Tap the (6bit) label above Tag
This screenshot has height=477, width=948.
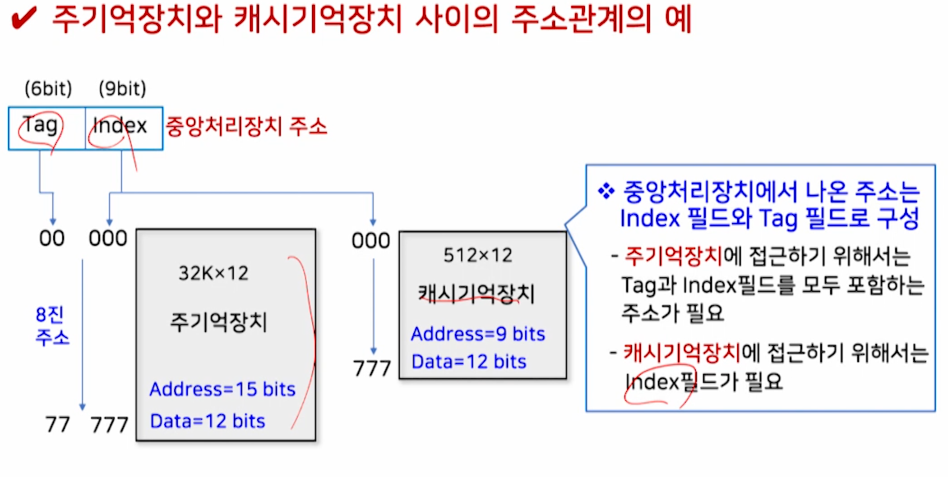pos(48,88)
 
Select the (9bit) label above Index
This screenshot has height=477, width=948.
pos(122,88)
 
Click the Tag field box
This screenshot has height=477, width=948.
pos(46,128)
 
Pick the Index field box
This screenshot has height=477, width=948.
pos(124,128)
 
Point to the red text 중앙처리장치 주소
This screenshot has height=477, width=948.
pos(246,126)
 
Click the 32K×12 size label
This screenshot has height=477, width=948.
pos(213,273)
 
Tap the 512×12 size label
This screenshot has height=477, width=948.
pos(478,255)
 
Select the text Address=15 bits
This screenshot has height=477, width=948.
pos(222,389)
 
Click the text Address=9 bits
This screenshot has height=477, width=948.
pos(478,334)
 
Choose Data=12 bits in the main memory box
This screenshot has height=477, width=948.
pos(208,421)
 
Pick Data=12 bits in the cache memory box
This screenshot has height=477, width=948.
pos(469,362)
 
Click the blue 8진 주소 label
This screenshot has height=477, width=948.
pos(52,326)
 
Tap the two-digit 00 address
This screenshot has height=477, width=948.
pos(52,238)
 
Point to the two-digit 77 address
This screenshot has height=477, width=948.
pos(57,424)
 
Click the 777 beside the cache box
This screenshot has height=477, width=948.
pos(372,368)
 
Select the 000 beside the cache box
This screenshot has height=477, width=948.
pos(371,240)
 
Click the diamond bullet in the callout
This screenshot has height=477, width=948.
pos(606,191)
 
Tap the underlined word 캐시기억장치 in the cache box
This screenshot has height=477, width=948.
pos(476,294)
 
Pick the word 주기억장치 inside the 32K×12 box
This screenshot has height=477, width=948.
pos(219,322)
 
